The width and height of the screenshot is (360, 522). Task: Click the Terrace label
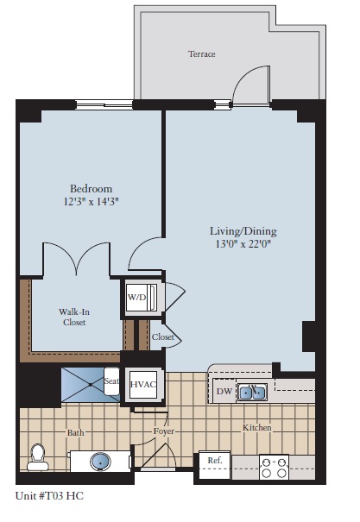coord(201,54)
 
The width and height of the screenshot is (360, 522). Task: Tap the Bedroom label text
coord(91,188)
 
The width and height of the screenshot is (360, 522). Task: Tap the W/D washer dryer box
coord(138,298)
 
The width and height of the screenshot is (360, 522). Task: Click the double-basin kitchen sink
coord(253,393)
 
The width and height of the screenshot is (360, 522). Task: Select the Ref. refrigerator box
coord(215,462)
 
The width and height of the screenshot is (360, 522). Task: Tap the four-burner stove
coord(275,467)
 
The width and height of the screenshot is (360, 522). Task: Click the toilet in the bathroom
coord(36,457)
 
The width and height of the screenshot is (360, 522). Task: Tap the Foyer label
coord(165,430)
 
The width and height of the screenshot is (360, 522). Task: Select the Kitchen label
coord(256,428)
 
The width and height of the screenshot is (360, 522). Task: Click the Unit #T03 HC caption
coord(49,496)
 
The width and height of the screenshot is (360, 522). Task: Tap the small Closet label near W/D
coord(163,337)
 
